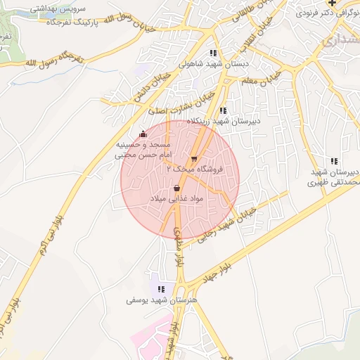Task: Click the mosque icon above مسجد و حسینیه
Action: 143,134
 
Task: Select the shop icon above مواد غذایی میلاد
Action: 176,188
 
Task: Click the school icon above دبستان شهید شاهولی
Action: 212,53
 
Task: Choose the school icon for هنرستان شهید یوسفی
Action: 162,288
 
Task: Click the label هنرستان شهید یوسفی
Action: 162,300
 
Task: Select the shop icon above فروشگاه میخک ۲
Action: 194,158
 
